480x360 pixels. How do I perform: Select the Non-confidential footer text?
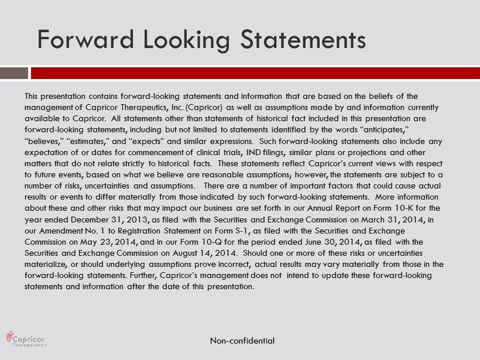pos(242,341)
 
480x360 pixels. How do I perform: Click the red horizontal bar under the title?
pos(255,73)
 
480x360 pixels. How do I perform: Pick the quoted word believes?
pos(44,141)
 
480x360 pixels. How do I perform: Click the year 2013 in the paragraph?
pos(139,220)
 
